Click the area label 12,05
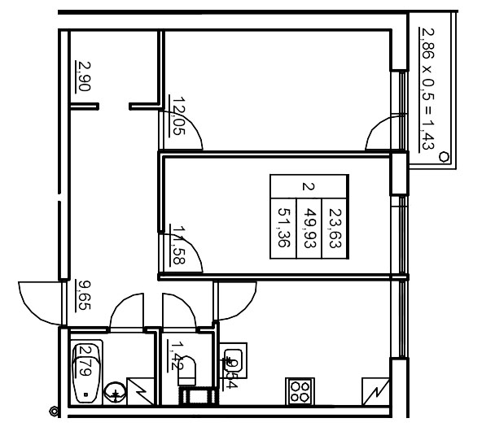click(x=177, y=115)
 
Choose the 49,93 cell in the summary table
click(x=309, y=227)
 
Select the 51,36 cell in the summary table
click(x=284, y=227)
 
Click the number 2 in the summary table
click(x=308, y=185)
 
